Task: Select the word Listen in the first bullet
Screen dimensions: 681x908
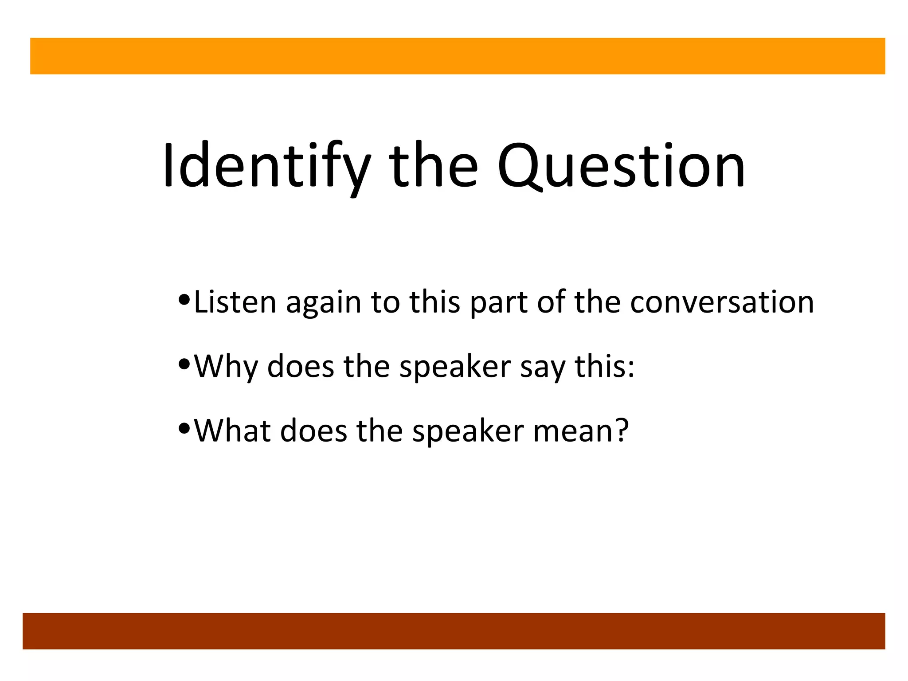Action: pos(235,302)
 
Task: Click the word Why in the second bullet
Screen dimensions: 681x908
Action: pos(226,367)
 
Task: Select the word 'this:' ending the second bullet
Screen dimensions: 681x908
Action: pos(605,366)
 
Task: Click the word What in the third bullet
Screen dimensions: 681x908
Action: pos(233,431)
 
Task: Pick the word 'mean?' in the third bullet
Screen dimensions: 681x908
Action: pos(581,431)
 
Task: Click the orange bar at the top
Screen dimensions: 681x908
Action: pos(458,56)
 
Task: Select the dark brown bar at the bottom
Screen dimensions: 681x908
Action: pos(454,631)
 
